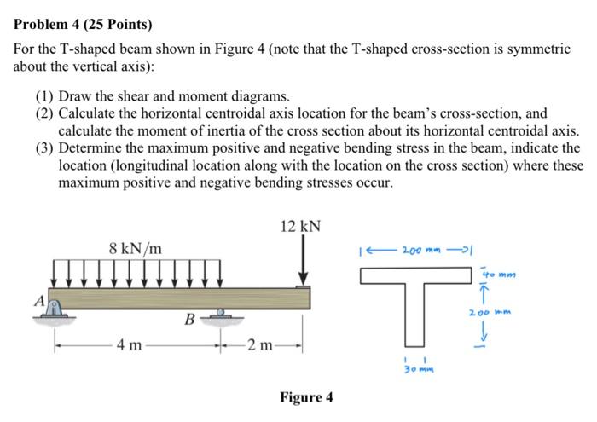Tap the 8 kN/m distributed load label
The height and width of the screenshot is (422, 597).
pos(138,248)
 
